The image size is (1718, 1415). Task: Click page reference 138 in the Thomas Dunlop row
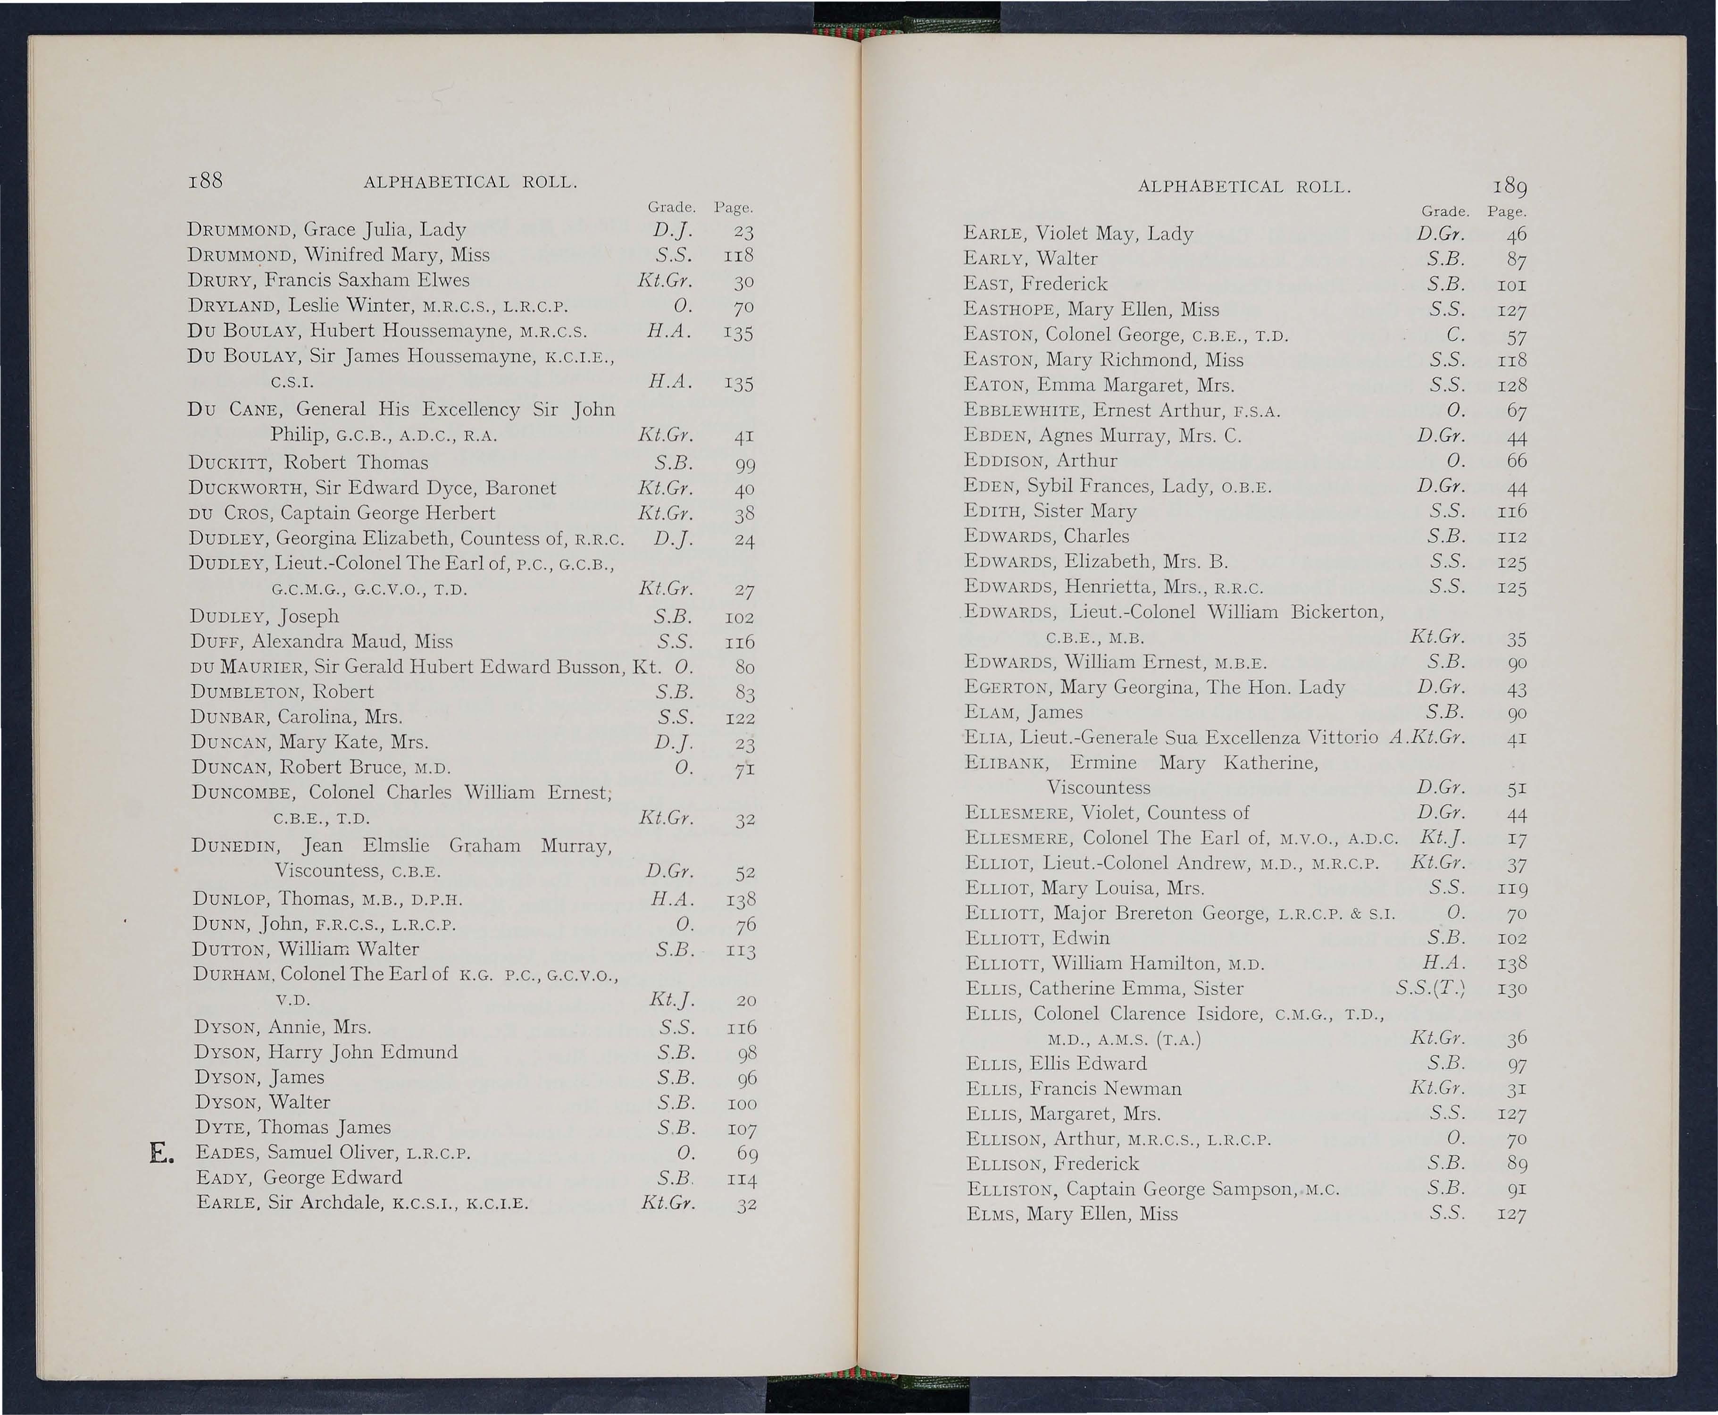740,899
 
